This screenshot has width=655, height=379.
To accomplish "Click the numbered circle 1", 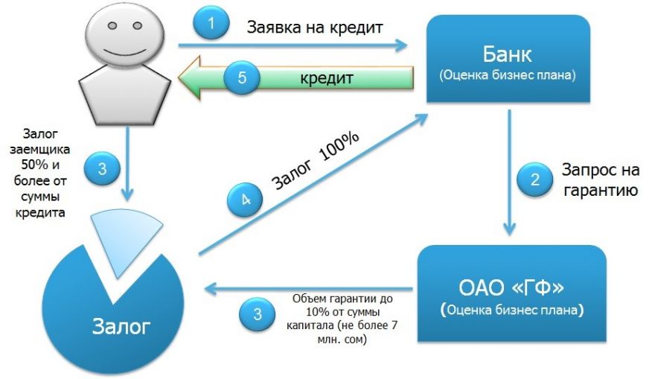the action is click(x=211, y=23).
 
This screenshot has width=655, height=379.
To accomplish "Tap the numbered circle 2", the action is click(x=534, y=179).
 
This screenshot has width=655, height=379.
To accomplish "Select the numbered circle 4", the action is click(x=245, y=200).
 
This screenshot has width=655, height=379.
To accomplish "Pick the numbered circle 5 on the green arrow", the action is click(x=242, y=77).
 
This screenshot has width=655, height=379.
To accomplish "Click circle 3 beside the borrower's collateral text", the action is click(x=103, y=169).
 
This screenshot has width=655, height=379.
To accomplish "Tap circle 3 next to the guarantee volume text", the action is click(x=258, y=314).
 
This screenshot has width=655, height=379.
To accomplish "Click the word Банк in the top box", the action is click(x=508, y=54).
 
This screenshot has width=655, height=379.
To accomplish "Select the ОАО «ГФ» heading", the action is click(x=511, y=287).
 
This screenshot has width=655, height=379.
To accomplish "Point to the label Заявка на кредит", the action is click(x=315, y=28).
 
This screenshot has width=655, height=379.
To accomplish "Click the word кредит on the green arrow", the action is click(x=327, y=78).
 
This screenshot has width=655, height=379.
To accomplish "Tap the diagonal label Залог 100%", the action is click(x=315, y=161).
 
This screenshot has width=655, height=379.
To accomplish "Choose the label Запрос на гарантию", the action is click(x=600, y=179).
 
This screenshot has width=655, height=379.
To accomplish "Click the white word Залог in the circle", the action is click(x=121, y=326).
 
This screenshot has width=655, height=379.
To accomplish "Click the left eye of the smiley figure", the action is click(x=112, y=26).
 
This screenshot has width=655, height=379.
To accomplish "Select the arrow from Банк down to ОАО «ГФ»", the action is click(x=509, y=172).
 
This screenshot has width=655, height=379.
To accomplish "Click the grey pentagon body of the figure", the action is click(x=125, y=95).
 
